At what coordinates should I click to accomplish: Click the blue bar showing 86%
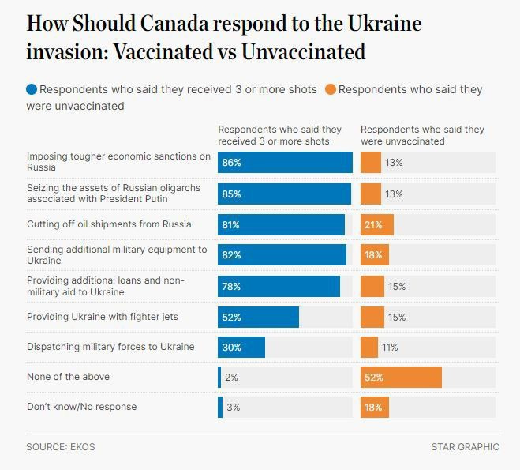tap(285, 163)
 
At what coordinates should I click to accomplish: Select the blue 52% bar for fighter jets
tap(258, 317)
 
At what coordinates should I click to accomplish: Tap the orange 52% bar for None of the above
tap(400, 378)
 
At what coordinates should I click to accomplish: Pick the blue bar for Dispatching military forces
tap(241, 348)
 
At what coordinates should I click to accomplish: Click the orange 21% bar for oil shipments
tap(376, 224)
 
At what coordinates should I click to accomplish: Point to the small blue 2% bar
tap(220, 378)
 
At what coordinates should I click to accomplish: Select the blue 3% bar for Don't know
tap(220, 408)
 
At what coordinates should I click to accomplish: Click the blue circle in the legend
tap(32, 89)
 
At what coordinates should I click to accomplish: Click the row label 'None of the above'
tap(68, 377)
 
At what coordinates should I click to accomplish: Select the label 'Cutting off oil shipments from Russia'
tap(109, 224)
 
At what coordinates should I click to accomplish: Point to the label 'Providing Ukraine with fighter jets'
tap(103, 317)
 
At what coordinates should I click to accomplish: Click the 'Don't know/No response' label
tap(81, 407)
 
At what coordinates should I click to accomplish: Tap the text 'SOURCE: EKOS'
tap(60, 447)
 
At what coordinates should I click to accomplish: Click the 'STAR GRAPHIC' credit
tap(465, 447)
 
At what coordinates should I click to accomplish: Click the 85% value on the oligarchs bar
tap(231, 194)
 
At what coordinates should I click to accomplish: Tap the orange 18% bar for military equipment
tap(374, 255)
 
